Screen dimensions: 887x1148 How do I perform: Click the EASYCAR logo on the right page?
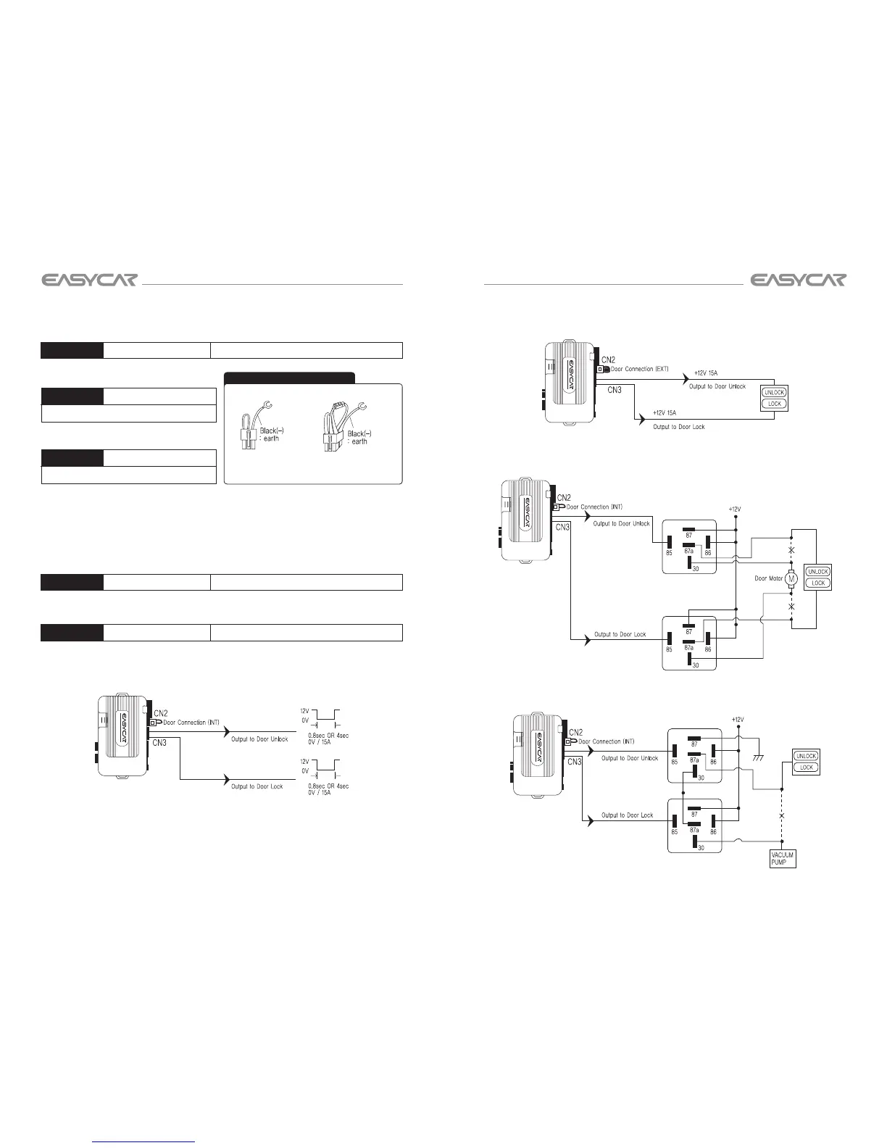(798, 280)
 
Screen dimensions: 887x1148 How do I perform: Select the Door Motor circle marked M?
(791, 578)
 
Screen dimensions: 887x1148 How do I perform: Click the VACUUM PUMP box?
(783, 859)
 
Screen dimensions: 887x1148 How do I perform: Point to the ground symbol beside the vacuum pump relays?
(758, 757)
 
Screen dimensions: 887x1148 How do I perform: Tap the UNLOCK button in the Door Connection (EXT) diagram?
(775, 393)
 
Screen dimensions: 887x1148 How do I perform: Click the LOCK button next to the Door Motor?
(818, 583)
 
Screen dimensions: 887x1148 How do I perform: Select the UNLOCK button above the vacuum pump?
(807, 756)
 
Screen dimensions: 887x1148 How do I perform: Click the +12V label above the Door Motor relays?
(735, 509)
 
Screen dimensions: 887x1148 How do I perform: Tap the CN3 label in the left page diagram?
(160, 743)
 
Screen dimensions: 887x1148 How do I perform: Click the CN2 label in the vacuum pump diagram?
(576, 733)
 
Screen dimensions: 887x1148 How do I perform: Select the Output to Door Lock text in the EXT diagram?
(678, 427)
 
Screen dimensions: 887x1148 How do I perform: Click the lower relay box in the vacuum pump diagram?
(695, 826)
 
